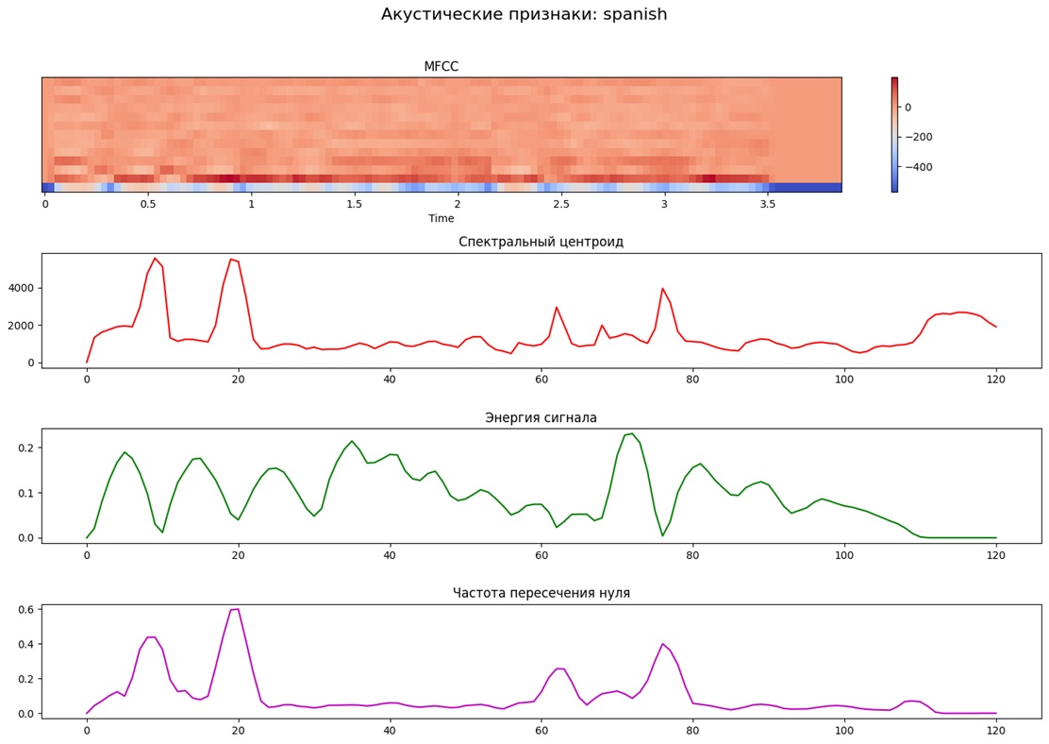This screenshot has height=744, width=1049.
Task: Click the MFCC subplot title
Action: [441, 66]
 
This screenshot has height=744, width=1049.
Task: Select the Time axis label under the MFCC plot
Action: [441, 218]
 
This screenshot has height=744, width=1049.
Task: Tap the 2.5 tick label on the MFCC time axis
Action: [561, 204]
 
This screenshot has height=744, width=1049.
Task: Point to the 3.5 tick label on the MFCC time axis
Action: [767, 204]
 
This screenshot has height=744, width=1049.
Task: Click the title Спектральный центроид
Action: [541, 242]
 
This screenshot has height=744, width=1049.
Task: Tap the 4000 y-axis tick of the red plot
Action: [21, 288]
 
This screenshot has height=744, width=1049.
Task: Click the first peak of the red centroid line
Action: [155, 258]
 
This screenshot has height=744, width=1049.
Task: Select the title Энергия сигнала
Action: [541, 417]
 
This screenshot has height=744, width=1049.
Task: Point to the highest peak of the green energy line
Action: [632, 433]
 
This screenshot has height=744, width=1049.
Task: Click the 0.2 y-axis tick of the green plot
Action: [25, 448]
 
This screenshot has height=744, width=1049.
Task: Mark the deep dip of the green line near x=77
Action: [662, 535]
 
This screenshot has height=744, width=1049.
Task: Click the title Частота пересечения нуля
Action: [541, 593]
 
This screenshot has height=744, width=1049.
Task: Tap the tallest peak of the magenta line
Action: [237, 609]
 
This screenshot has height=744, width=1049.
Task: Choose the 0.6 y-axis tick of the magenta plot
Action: [25, 610]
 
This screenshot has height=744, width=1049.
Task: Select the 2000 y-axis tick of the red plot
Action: [21, 325]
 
